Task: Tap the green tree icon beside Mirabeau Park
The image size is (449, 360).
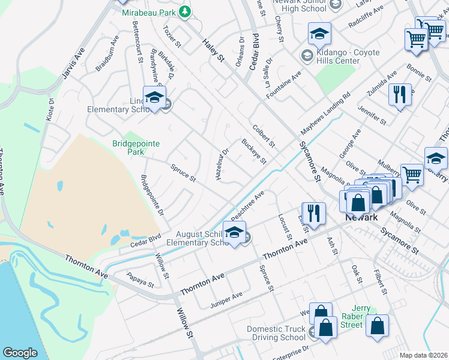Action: tap(185, 11)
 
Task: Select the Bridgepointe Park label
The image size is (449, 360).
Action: tap(128, 148)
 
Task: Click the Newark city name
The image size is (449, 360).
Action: tap(361, 217)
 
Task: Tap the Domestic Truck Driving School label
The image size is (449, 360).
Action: tap(276, 333)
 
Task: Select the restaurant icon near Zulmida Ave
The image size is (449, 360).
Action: tap(399, 94)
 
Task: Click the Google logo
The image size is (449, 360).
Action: tap(20, 353)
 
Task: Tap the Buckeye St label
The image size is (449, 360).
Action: tap(253, 151)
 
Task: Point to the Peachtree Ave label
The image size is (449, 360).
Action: tap(247, 205)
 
